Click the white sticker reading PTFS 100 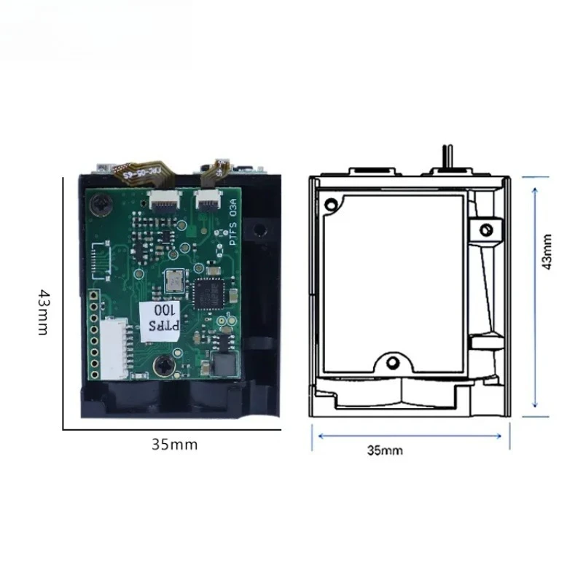[160, 317]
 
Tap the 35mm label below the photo [175, 443]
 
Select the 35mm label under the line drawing [385, 450]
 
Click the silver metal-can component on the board [175, 279]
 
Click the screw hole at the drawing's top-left [332, 203]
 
